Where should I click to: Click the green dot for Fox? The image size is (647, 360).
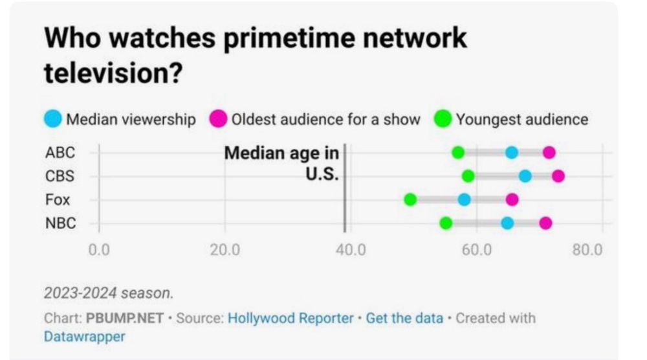tap(410, 199)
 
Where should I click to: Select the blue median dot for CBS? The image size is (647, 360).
tap(525, 176)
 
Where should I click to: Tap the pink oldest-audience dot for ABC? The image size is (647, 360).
tap(549, 153)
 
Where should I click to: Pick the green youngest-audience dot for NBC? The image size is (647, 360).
tap(446, 223)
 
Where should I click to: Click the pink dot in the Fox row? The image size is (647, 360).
tap(512, 199)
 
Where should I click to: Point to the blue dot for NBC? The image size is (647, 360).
tap(507, 223)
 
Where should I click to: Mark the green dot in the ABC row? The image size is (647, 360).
tap(458, 153)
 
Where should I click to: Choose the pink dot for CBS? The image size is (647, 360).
tap(558, 176)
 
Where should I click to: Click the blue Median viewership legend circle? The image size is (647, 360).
tap(54, 119)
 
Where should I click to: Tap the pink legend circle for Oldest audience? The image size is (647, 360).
tap(219, 119)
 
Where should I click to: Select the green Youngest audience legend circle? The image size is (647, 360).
tap(443, 119)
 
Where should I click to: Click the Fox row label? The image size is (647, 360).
tap(57, 199)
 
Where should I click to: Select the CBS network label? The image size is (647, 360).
tap(60, 176)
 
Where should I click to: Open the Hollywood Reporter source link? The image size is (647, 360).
tap(291, 319)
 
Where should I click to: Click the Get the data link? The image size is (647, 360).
tap(404, 319)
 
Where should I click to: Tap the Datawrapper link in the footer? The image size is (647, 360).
tap(84, 337)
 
